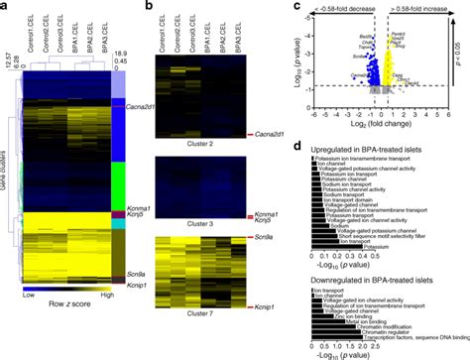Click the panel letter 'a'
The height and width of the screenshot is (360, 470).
[7, 7]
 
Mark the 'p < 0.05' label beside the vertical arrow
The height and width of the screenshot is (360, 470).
[462, 61]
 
